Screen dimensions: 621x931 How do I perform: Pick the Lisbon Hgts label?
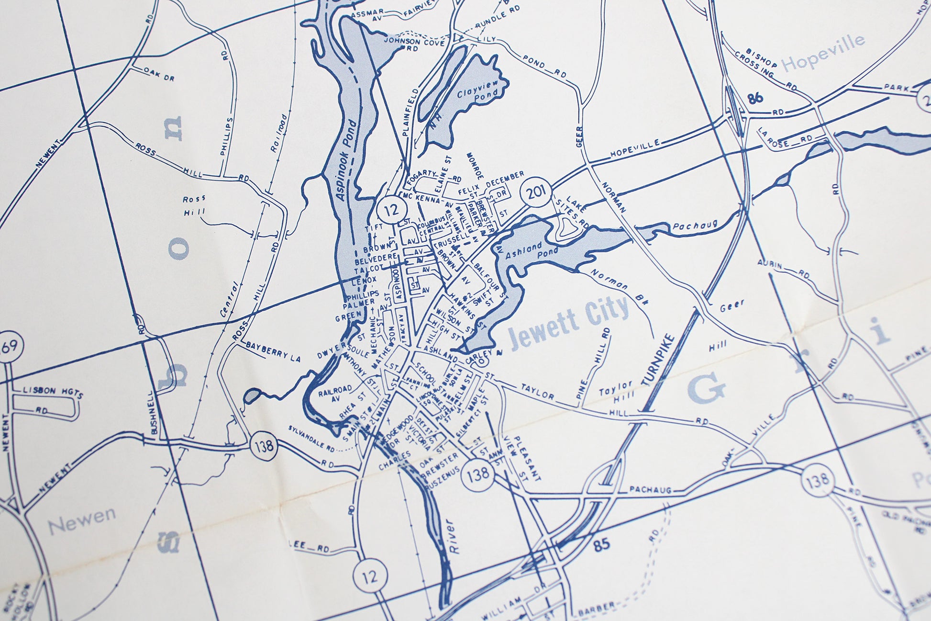point(53,393)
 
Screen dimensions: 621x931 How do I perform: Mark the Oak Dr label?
point(159,74)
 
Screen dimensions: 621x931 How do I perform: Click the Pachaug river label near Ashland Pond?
point(695,226)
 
